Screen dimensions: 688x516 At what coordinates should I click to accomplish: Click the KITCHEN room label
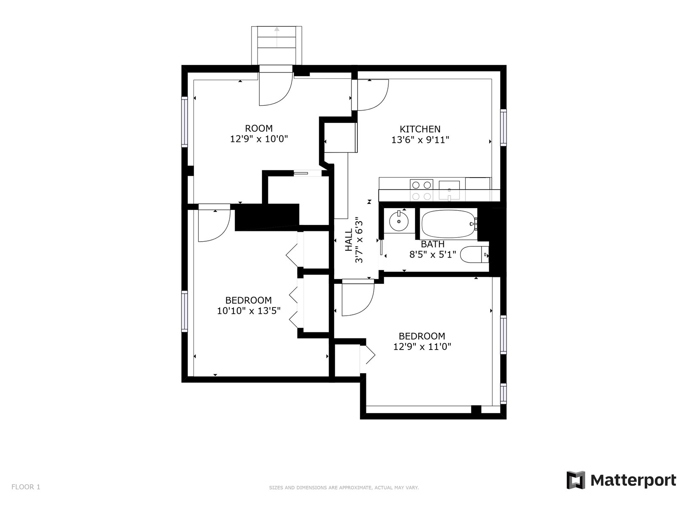[420, 129]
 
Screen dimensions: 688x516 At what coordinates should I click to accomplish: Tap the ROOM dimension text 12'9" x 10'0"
[259, 139]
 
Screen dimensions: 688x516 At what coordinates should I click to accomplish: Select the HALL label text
[349, 240]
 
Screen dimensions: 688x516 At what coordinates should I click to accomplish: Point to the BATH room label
[432, 244]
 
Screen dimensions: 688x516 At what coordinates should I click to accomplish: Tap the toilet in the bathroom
[474, 255]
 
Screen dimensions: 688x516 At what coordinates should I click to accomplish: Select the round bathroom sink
[399, 221]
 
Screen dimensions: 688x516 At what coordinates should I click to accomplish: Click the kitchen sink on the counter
[449, 190]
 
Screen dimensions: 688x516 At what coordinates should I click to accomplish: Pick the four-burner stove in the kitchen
[421, 190]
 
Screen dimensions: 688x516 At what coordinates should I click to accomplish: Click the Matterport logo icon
[575, 480]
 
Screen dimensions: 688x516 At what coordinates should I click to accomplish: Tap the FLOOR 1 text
[26, 487]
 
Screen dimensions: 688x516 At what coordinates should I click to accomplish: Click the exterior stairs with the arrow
[276, 46]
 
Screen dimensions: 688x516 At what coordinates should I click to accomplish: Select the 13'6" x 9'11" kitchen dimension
[420, 140]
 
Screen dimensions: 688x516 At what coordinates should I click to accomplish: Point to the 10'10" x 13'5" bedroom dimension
[249, 311]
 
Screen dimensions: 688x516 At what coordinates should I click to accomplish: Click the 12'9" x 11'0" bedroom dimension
[422, 347]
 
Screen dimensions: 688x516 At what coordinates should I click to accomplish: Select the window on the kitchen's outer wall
[503, 128]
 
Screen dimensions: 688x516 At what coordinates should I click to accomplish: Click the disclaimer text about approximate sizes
[344, 488]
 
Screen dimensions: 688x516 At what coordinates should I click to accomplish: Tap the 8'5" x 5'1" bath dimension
[433, 255]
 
